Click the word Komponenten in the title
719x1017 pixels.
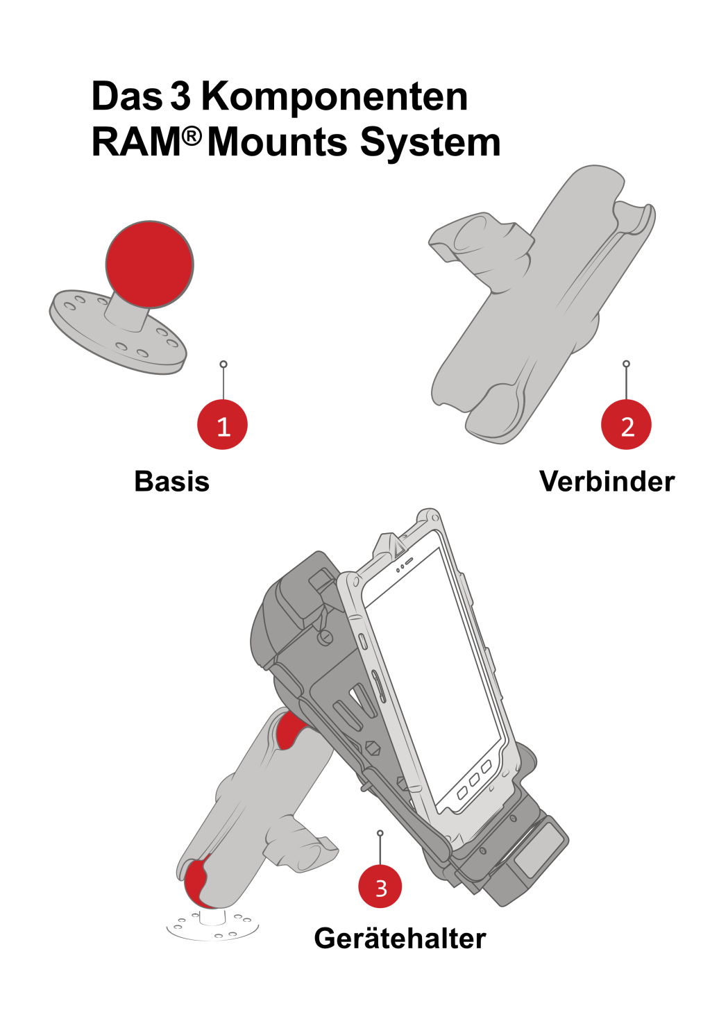pos(335,97)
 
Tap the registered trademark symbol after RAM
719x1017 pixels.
pos(192,136)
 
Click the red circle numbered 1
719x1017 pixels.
pos(222,425)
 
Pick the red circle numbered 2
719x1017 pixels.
pos(626,425)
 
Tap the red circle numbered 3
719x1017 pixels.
pos(380,886)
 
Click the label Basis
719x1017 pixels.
pos(171,481)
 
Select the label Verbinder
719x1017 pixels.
pos(607,481)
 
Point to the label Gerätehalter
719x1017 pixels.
pos(400,939)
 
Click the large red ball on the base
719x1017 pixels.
pos(149,264)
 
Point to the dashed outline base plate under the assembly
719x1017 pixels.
pos(212,927)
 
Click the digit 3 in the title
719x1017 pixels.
pos(180,97)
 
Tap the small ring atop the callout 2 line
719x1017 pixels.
pos(626,364)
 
